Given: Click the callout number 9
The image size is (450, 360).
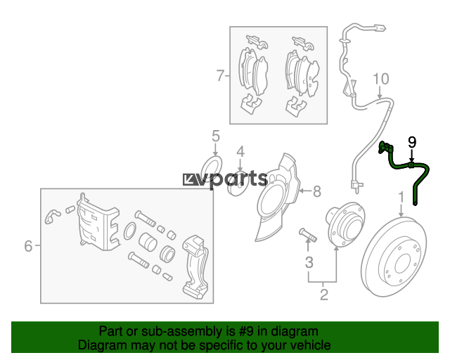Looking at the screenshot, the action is [412, 143].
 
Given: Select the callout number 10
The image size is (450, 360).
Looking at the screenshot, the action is [381, 79].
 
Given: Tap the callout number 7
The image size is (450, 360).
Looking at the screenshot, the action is [220, 75].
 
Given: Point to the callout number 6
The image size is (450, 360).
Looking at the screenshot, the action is [28, 246].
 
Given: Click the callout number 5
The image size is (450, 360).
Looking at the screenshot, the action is [216, 136].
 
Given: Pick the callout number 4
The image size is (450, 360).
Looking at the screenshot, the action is [240, 152].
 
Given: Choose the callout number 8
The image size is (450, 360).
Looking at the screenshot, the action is [317, 191].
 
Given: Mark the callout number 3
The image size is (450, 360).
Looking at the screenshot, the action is [309, 262].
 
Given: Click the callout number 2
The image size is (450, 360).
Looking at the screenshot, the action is [324, 295].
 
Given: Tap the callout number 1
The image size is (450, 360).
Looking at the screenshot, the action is [401, 198].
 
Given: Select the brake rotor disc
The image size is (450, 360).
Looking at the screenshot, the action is [394, 257].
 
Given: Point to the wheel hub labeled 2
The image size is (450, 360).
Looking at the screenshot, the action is [345, 224].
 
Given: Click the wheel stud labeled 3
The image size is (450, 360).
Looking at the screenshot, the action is [308, 235].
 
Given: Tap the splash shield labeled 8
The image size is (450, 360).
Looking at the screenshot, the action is [277, 198].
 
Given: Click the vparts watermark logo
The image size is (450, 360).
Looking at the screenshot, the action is [225, 179].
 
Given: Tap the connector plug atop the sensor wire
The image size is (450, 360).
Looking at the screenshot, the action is [380, 28].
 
